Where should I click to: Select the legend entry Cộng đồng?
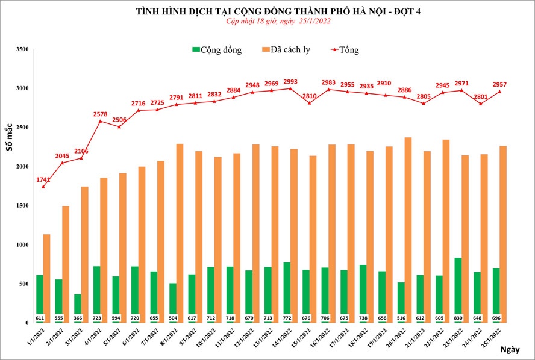pyautogui.click(x=217, y=50)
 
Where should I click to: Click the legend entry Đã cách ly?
pyautogui.click(x=289, y=50)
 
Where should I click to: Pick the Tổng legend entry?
pyautogui.click(x=345, y=50)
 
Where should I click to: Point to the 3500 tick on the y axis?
pyautogui.click(x=22, y=49)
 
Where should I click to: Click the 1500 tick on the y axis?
pyautogui.click(x=22, y=206)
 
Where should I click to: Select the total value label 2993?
pyautogui.click(x=290, y=82)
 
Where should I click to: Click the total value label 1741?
pyautogui.click(x=43, y=179)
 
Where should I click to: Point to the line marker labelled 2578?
pyautogui.click(x=100, y=121)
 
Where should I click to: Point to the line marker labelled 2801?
pyautogui.click(x=480, y=104)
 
